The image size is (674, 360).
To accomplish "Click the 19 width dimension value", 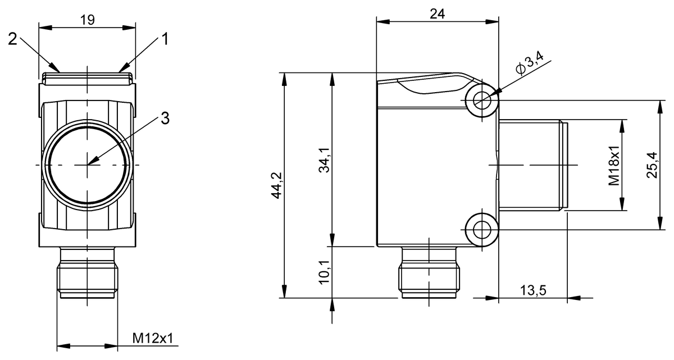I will click(87, 20).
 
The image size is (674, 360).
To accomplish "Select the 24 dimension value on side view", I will click(437, 15).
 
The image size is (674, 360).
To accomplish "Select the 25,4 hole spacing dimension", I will click(651, 165).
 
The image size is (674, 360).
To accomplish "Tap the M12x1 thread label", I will click(152, 338).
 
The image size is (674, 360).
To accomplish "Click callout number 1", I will click(165, 39).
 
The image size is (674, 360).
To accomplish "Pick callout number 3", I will click(165, 118).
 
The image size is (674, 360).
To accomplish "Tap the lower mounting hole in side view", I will click(481, 229).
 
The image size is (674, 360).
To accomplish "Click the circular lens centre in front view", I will click(88, 165).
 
